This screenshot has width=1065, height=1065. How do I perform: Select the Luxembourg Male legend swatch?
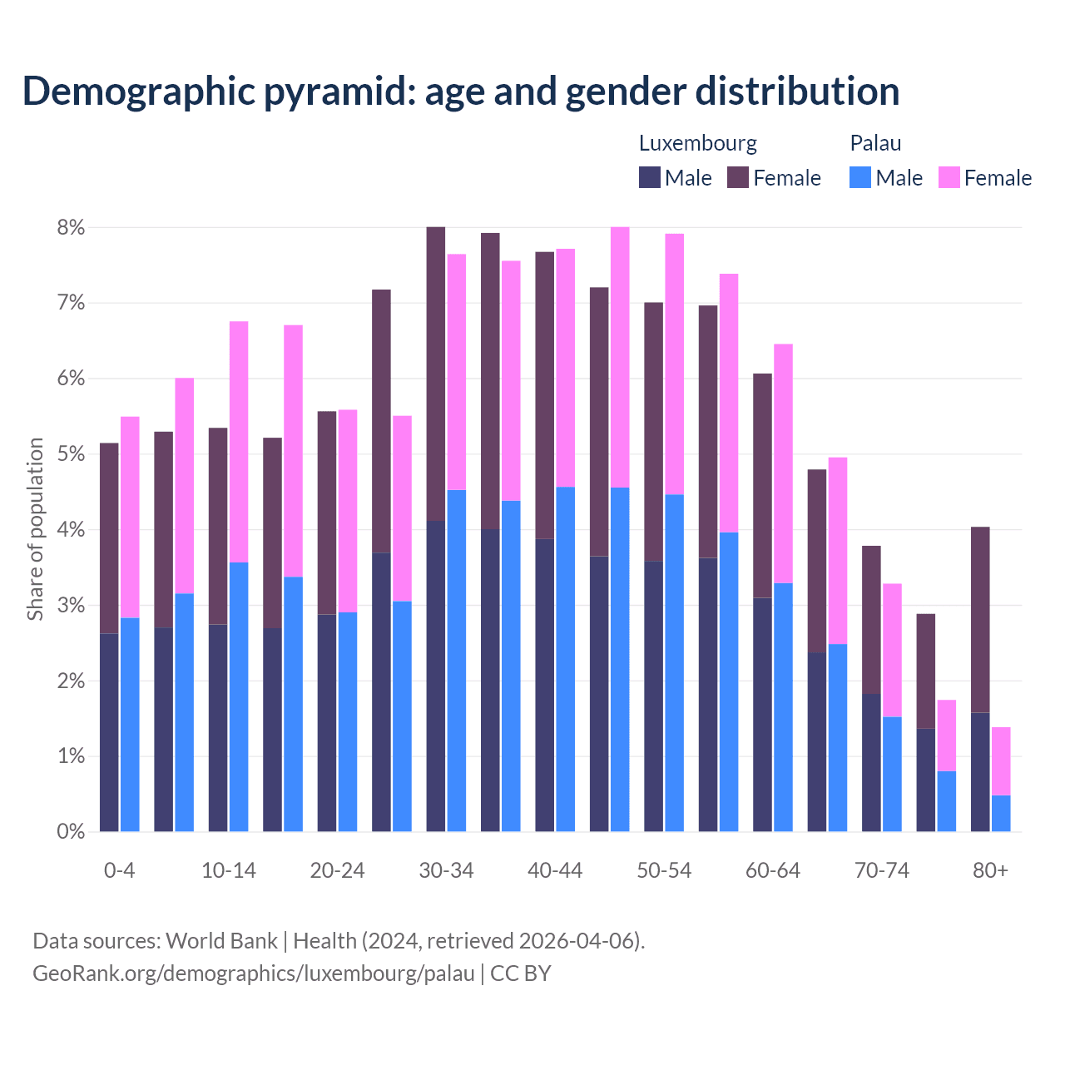(x=650, y=177)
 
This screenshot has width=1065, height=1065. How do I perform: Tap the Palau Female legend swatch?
(x=949, y=177)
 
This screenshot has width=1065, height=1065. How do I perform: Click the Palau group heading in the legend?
(x=875, y=143)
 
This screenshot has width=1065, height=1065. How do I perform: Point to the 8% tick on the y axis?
(x=71, y=227)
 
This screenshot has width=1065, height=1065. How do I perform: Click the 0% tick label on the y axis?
(x=71, y=831)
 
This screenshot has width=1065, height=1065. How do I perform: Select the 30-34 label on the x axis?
(x=446, y=870)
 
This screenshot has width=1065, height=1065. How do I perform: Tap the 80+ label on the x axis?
(x=990, y=870)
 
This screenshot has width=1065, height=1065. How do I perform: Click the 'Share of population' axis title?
(x=35, y=529)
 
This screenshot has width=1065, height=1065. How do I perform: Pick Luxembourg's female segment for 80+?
(x=980, y=619)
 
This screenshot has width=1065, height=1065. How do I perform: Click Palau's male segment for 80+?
(x=1001, y=813)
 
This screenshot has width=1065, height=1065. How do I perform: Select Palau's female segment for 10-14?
(x=239, y=442)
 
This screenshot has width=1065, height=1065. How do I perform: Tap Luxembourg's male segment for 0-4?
(x=109, y=732)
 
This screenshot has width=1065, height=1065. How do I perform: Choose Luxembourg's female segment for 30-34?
(x=436, y=374)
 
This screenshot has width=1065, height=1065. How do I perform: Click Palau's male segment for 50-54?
(x=675, y=662)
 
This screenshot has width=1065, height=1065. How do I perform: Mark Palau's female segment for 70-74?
(x=892, y=650)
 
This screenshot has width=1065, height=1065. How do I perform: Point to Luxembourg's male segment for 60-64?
(x=762, y=714)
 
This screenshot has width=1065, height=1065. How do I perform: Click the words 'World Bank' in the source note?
(x=221, y=941)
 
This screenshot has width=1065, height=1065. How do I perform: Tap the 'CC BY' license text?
(x=521, y=973)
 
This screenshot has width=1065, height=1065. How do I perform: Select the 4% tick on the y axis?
(x=71, y=529)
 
